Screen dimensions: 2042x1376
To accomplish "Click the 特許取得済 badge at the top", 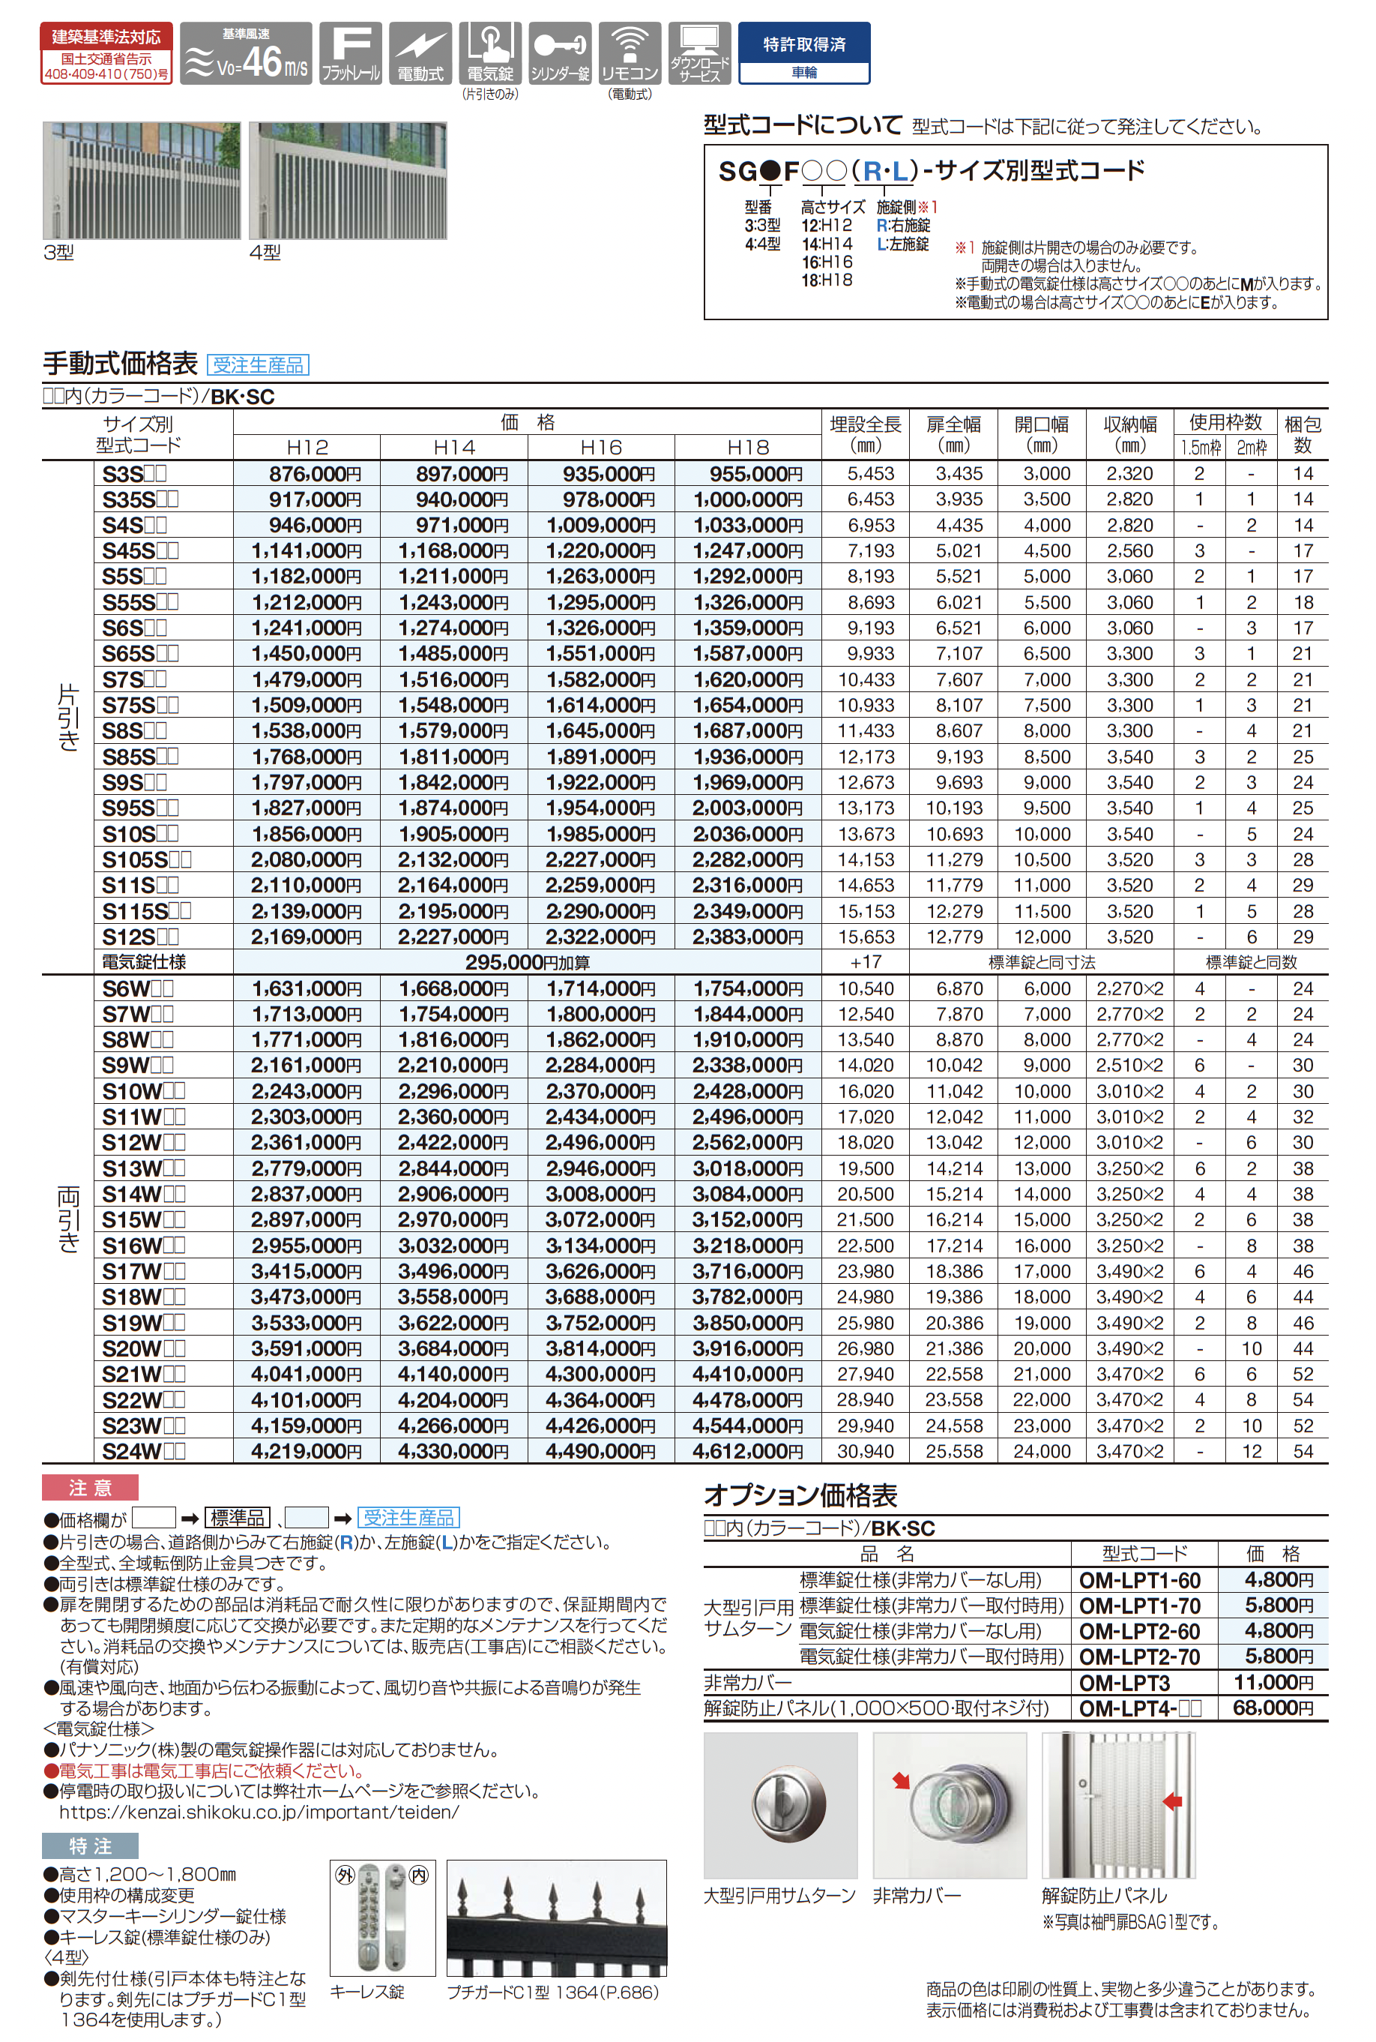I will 804,52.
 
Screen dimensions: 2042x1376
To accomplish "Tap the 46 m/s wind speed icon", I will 246,53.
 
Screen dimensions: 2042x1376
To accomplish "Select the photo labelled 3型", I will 142,180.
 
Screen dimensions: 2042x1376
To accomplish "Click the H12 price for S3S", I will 307,474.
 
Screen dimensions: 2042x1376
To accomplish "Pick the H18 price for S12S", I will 748,937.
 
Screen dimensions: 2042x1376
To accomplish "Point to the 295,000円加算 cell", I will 527,962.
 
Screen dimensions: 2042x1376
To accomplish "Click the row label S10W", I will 142,1091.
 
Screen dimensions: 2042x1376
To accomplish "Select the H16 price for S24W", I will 600,1451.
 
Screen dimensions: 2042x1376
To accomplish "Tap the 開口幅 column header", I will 1042,433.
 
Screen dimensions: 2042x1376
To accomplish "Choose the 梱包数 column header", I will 1303,433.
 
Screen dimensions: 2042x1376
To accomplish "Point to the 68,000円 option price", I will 1273,1708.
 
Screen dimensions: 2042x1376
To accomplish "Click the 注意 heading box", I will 91,1487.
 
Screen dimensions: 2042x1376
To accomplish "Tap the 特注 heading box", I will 91,1846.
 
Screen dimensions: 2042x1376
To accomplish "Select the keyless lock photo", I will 383,1918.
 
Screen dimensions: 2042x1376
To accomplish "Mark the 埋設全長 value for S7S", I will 866,679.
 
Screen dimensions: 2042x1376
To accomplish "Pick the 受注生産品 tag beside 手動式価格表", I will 258,364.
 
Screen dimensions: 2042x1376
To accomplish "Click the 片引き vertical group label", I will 67,716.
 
